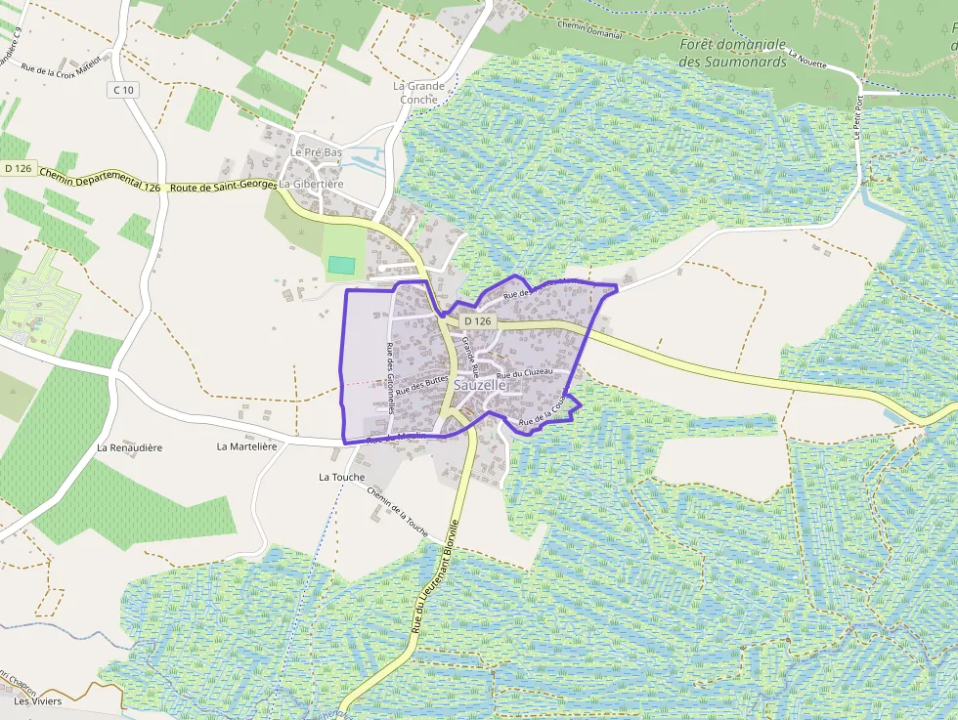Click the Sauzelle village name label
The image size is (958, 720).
pos(481,386)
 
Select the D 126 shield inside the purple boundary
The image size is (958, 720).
pos(477,320)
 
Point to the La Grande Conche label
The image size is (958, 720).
pos(418,92)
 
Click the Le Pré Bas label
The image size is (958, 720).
pos(316,152)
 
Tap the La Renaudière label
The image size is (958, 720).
pos(129,447)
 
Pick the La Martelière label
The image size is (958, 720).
pos(247,446)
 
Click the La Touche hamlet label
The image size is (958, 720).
pos(341,478)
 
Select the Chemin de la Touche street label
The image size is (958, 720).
pos(398,512)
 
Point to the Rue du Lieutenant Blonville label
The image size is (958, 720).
pos(435,575)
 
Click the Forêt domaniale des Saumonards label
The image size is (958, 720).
pos(733,52)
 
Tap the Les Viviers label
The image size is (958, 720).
pos(38,701)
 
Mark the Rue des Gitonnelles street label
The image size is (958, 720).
pos(390,378)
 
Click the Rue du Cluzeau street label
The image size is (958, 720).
pos(525,373)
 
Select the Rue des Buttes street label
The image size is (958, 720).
pos(421,384)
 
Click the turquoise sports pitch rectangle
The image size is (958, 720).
pos(341,265)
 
